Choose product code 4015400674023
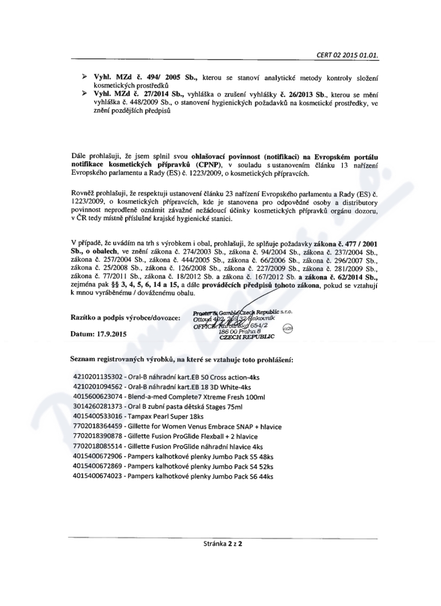98,475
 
